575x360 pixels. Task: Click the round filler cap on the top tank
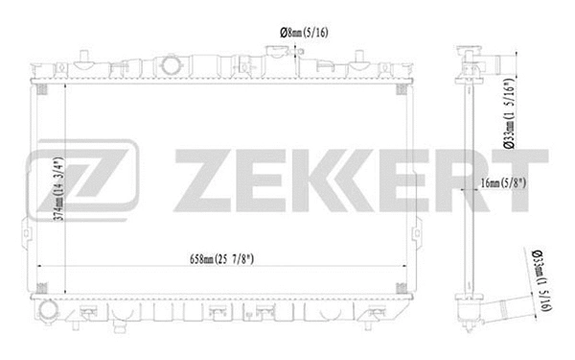pyautogui.click(x=173, y=66)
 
